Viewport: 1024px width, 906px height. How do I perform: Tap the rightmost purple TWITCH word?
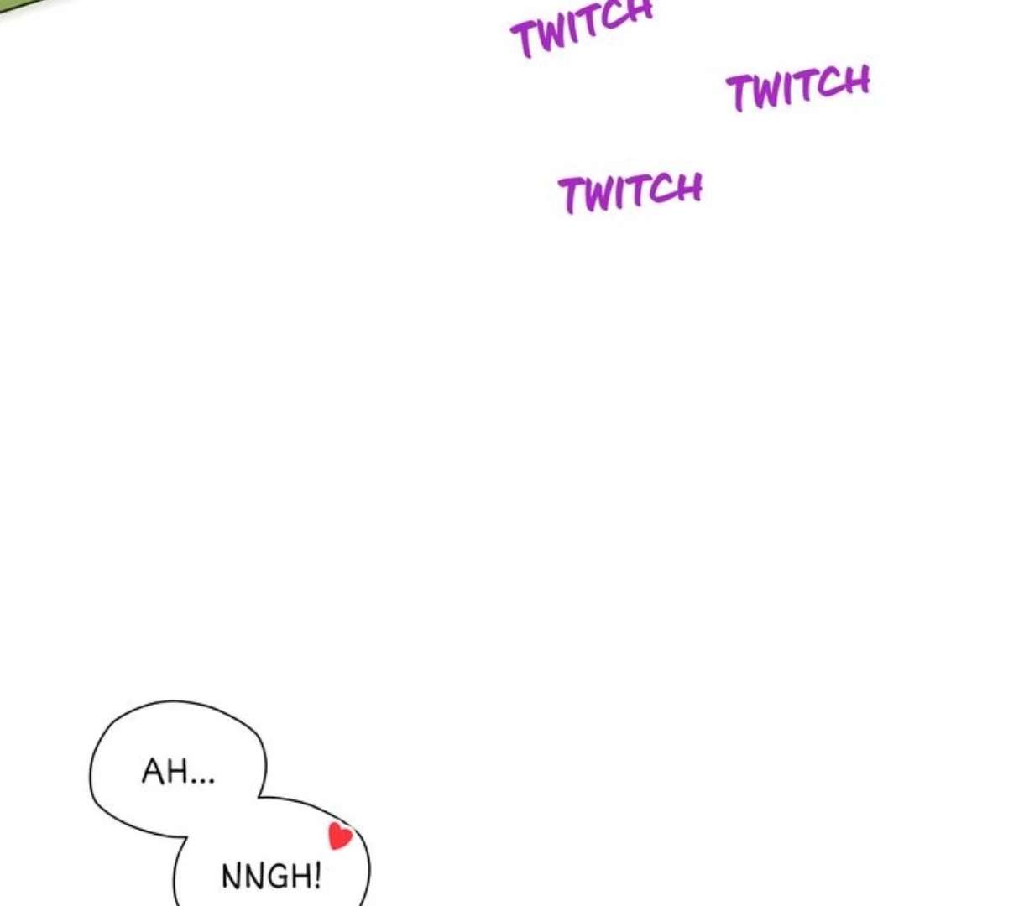pyautogui.click(x=798, y=87)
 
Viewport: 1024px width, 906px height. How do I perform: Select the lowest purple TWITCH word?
pyautogui.click(x=630, y=192)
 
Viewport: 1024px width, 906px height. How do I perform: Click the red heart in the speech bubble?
pyautogui.click(x=340, y=836)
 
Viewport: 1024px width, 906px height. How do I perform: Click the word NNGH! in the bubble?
pyautogui.click(x=271, y=877)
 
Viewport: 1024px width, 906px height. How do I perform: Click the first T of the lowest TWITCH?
pyautogui.click(x=573, y=195)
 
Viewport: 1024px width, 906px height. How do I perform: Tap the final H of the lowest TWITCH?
pyautogui.click(x=688, y=189)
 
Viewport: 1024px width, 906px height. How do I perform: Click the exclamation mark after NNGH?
pyautogui.click(x=317, y=876)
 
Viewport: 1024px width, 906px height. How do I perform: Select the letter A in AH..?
pyautogui.click(x=154, y=771)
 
